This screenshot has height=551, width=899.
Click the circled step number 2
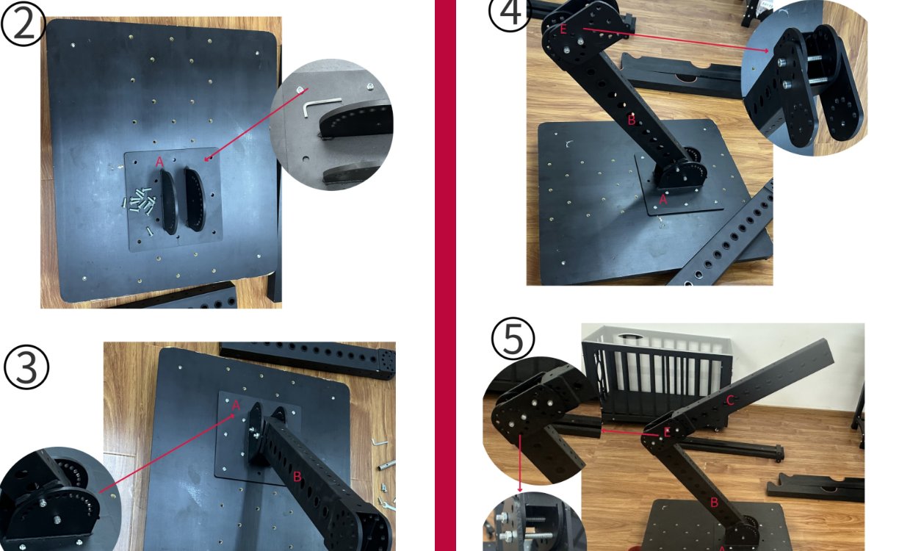click(x=24, y=24)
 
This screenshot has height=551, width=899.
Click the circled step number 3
click(x=26, y=367)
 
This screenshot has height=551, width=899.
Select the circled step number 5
click(x=513, y=339)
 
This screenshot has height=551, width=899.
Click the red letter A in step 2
click(x=159, y=162)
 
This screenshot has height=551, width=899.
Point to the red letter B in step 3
click(x=297, y=477)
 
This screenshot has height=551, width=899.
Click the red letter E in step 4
click(x=563, y=29)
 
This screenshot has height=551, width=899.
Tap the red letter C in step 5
click(x=730, y=400)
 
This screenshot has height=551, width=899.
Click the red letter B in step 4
click(x=632, y=120)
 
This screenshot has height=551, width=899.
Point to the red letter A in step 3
click(x=236, y=406)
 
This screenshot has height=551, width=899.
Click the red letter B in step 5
click(x=714, y=502)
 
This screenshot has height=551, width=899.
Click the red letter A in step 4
click(x=662, y=199)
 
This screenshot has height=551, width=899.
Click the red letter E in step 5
click(x=667, y=432)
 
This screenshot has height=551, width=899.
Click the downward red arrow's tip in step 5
click(x=520, y=491)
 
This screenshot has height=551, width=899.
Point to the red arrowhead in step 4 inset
click(x=766, y=51)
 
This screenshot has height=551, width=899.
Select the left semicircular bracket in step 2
click(x=169, y=202)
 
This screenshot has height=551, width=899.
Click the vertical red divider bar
click(x=446, y=275)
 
